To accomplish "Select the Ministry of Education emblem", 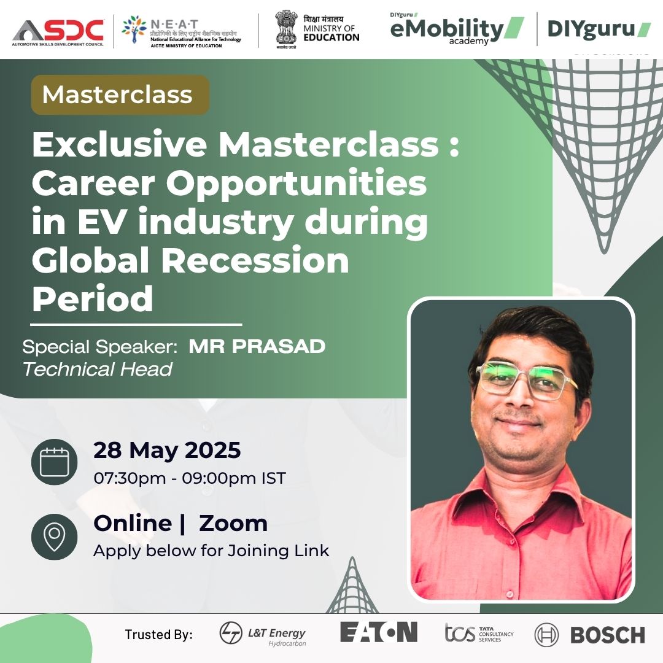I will point(286,29).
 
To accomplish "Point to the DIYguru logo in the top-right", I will point(599,29).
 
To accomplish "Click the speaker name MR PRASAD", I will point(257,346).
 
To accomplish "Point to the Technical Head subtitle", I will point(97,369).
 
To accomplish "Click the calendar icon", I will point(53,462).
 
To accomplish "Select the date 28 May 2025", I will point(167,450).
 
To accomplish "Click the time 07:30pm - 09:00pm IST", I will point(189,478).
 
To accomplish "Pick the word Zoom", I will point(233,523).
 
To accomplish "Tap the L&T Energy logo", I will point(262,634).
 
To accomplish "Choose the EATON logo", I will point(378,632).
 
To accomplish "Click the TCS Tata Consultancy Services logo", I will point(479,633).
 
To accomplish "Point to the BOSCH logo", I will point(589,635).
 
